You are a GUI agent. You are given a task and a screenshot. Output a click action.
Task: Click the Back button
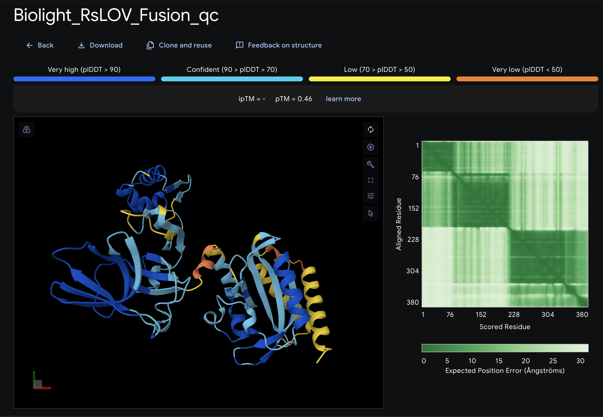click(40, 45)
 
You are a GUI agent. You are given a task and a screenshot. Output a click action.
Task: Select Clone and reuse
click(179, 45)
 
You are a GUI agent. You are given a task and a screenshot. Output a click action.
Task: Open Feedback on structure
click(279, 45)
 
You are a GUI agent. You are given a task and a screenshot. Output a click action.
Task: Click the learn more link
click(343, 99)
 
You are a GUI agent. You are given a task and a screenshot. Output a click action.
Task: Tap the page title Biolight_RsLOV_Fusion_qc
click(116, 15)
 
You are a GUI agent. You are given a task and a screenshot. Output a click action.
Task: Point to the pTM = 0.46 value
click(293, 99)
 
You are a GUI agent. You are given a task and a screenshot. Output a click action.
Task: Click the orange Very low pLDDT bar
click(527, 79)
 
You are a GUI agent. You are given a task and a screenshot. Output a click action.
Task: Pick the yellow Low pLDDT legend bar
click(379, 79)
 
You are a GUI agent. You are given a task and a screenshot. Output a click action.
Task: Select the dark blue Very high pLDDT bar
click(84, 79)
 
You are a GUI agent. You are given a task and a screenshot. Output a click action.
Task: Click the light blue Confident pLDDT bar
click(232, 79)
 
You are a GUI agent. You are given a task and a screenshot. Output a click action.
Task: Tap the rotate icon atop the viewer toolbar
click(371, 130)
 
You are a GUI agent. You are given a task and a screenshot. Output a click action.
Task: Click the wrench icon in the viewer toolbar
click(371, 164)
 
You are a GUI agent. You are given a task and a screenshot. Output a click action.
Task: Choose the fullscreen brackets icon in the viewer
click(371, 180)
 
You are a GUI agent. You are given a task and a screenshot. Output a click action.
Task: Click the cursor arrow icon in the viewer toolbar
click(371, 213)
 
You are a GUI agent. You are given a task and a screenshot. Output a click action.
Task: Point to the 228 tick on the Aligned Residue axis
click(413, 239)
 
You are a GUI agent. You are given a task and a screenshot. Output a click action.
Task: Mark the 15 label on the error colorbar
click(499, 361)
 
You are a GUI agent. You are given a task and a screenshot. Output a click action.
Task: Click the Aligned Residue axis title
click(399, 224)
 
